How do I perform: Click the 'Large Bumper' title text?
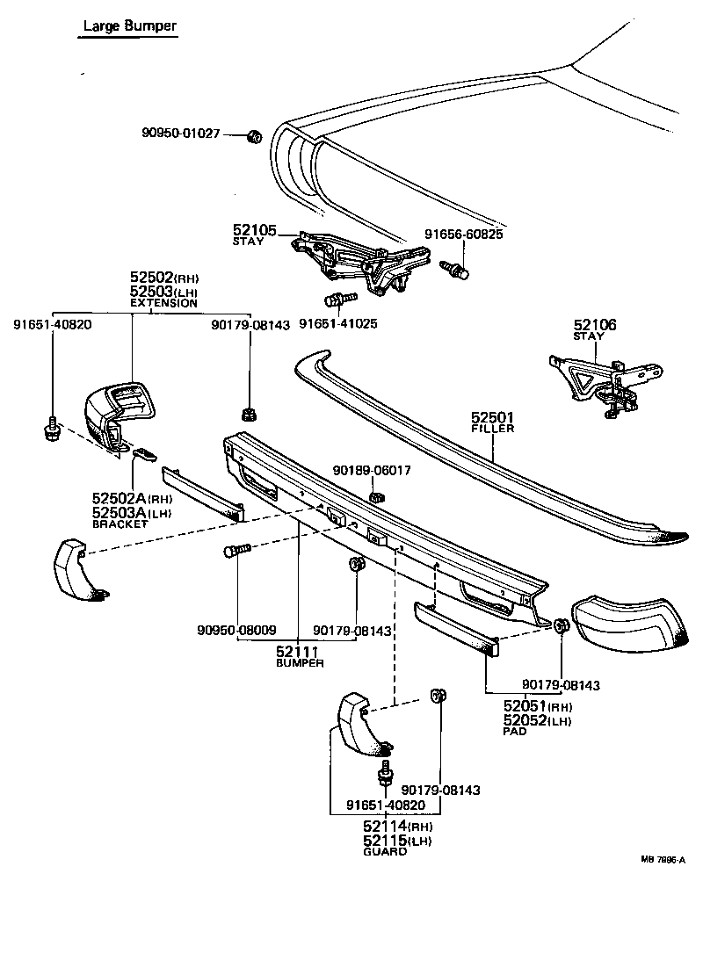[x=129, y=26]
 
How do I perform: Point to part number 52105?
[x=254, y=230]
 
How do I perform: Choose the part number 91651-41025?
[x=338, y=323]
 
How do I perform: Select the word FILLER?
[x=492, y=429]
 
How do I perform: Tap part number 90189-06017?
[x=372, y=471]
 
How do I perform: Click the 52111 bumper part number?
[x=297, y=651]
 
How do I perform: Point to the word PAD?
[x=515, y=731]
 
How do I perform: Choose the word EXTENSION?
[x=163, y=303]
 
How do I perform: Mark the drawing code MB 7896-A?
[x=663, y=860]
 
